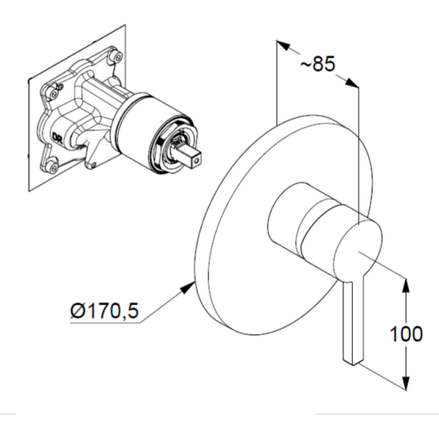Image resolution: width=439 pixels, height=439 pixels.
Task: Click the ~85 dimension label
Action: (x=317, y=64)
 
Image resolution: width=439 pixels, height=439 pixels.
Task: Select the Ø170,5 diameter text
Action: (x=105, y=310)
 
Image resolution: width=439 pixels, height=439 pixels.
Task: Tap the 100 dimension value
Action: (x=406, y=333)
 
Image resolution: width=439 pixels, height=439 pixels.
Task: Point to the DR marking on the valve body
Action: (x=57, y=138)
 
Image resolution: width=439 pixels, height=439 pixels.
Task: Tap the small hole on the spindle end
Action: (x=198, y=162)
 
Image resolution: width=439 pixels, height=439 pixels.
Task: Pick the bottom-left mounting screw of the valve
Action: (x=52, y=167)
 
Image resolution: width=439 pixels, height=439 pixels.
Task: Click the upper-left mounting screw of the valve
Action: (x=52, y=92)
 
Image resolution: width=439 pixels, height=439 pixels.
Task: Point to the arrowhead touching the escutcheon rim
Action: (x=188, y=288)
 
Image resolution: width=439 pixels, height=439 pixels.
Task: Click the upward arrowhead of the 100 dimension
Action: (x=406, y=285)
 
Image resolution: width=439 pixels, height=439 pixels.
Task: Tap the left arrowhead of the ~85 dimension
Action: (x=283, y=46)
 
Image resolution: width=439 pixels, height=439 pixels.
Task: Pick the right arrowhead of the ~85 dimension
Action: (x=352, y=82)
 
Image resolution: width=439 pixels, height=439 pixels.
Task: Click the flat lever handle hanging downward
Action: (x=353, y=322)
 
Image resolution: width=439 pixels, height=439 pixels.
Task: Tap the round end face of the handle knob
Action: (x=359, y=248)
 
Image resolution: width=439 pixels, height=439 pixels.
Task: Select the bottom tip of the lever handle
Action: (x=354, y=365)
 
